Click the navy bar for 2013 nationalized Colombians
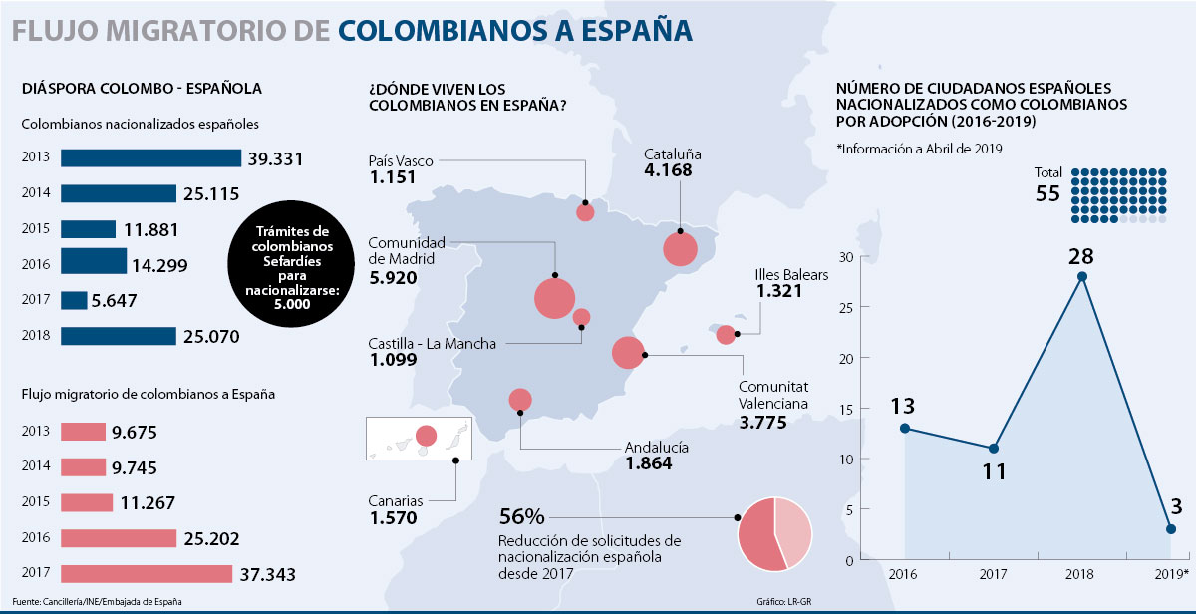pos(150,157)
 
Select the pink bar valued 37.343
pos(147,574)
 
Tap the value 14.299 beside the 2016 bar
pos(157,265)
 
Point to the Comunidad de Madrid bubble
pos(554,298)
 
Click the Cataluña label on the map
pos(673,154)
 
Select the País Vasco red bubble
pos(585,211)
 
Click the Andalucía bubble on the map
pos(520,400)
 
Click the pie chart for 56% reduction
pos(774,533)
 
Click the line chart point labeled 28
pos(1082,276)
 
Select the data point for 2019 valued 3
pos(1171,529)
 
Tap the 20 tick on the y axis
pos(846,358)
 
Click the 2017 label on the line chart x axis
pos(994,576)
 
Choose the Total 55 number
pos(1047,193)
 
